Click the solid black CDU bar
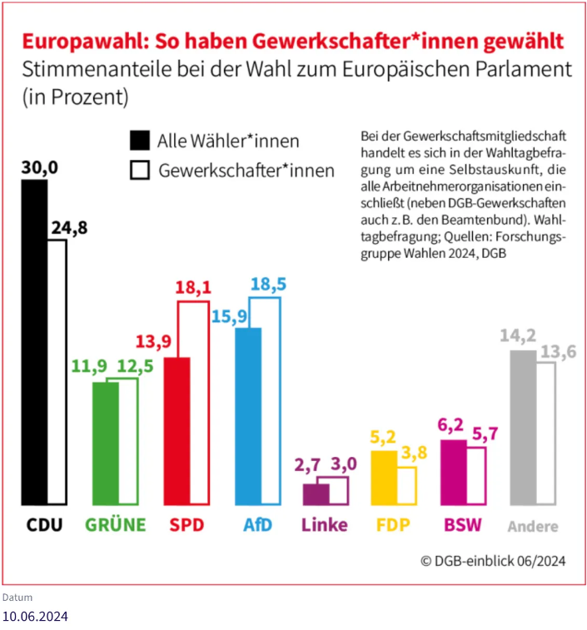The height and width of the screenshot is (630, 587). (x=34, y=341)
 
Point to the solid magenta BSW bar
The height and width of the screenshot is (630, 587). (x=452, y=472)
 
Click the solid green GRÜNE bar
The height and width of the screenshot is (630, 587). (x=105, y=443)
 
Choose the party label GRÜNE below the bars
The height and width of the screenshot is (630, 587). (x=115, y=525)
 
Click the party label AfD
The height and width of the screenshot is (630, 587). (x=257, y=525)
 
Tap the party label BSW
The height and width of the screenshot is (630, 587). (x=463, y=525)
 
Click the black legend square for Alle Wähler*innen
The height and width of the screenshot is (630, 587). (x=140, y=140)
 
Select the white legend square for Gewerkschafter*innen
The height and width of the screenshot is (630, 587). (x=140, y=171)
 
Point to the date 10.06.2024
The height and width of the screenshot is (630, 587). (x=35, y=617)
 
